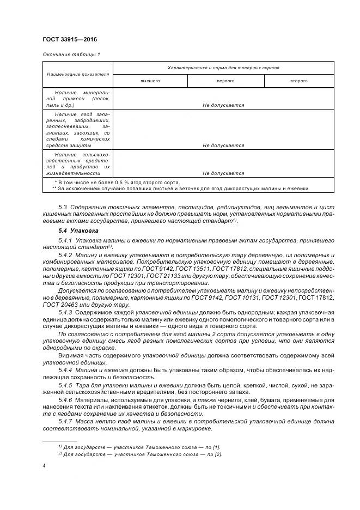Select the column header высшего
click(x=150, y=81)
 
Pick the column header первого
click(x=225, y=81)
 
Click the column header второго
click(x=299, y=81)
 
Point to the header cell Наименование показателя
click(x=78, y=74)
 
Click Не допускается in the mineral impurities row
click(x=223, y=105)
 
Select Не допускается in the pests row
click(x=223, y=173)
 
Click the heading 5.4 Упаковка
click(x=78, y=230)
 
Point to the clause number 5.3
click(x=63, y=208)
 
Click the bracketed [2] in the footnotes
click(x=218, y=454)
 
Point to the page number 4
click(x=44, y=466)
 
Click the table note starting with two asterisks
click(x=180, y=189)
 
